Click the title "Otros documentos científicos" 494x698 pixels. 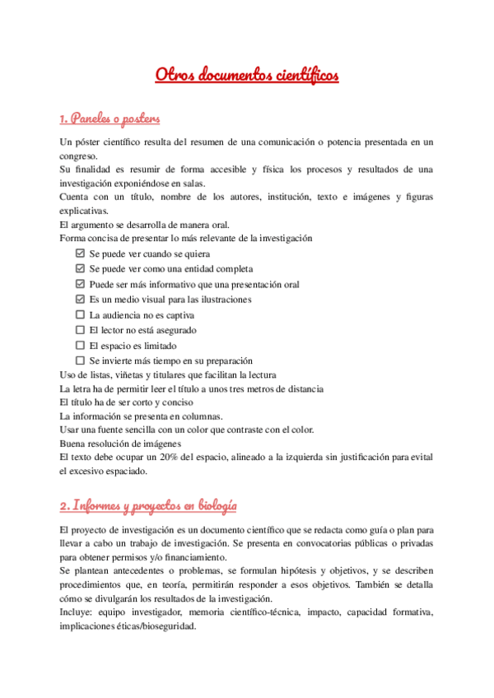tap(247, 76)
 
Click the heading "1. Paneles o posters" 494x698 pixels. tap(110, 119)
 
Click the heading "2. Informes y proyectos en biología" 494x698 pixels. tap(148, 505)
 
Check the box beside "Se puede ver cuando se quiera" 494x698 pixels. tap(80, 254)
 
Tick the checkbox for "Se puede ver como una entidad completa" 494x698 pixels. tap(80, 269)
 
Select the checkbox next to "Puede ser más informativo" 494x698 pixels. tap(80, 284)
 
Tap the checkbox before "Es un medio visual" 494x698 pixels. tap(80, 300)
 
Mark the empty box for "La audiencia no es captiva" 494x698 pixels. tap(80, 314)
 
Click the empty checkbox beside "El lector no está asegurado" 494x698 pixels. tap(80, 330)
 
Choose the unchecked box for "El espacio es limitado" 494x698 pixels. tap(80, 346)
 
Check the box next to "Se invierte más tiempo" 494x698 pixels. tap(80, 361)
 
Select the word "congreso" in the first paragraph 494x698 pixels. tap(78, 156)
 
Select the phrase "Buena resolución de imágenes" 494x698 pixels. tap(116, 443)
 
